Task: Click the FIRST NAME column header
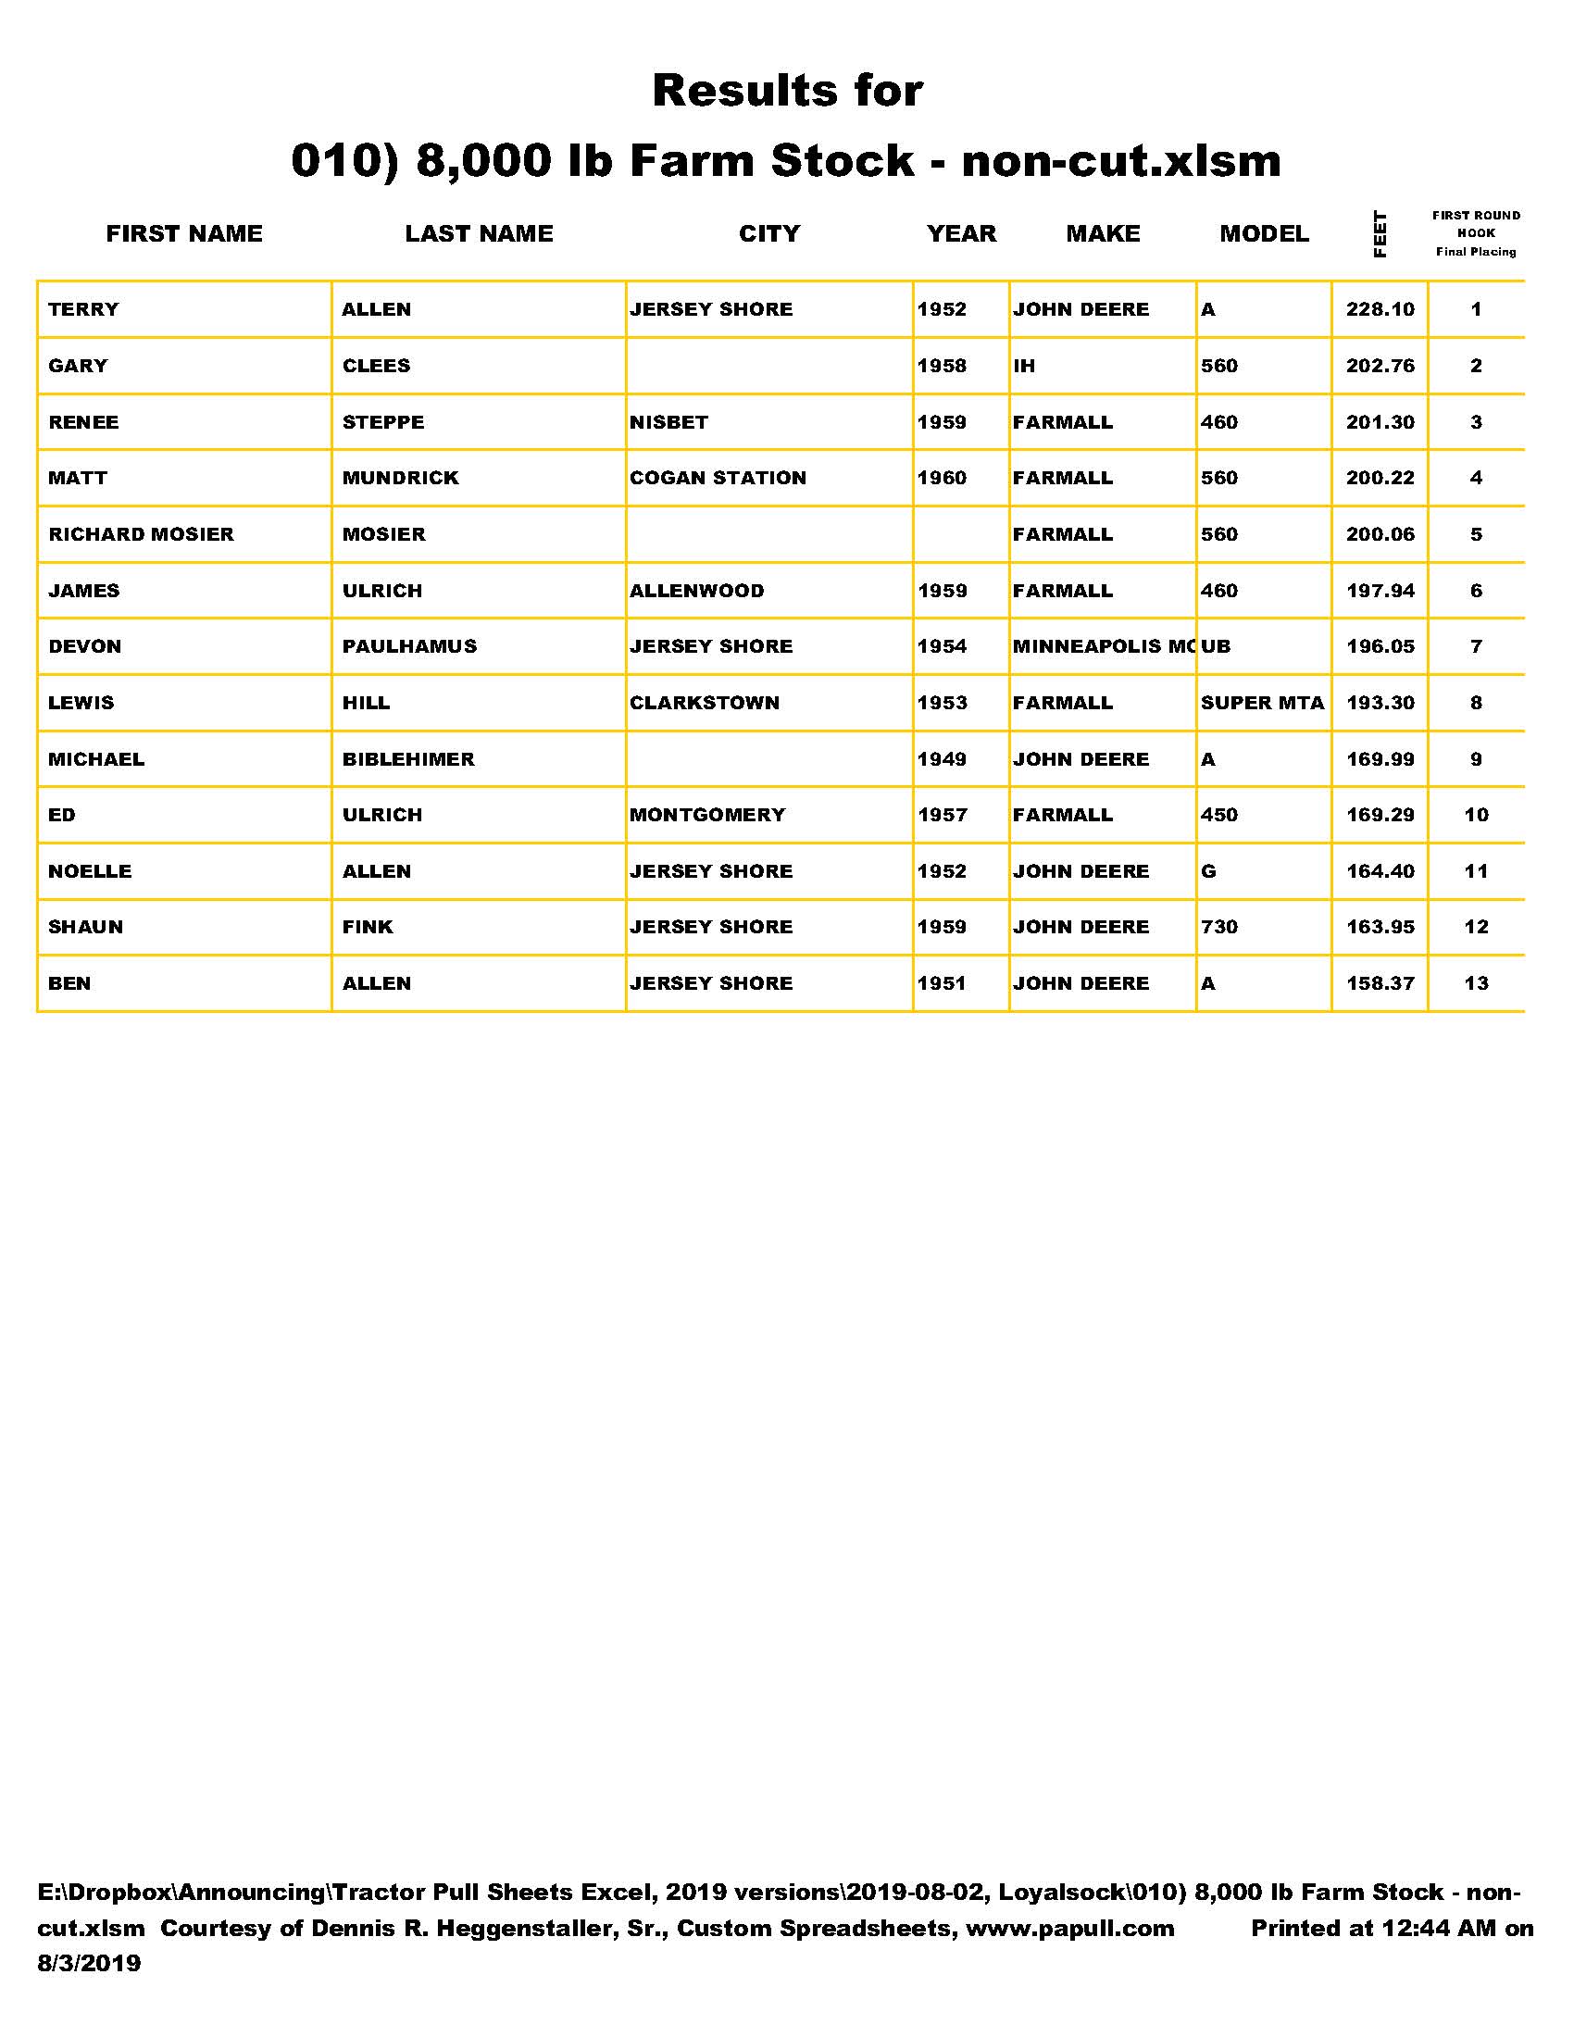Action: (183, 233)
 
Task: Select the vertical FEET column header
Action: (1380, 234)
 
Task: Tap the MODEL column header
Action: (1264, 233)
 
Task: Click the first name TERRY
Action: (84, 309)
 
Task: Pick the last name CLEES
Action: (376, 366)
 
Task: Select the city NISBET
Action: (668, 422)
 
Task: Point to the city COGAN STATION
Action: (717, 479)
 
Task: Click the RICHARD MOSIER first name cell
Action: (141, 534)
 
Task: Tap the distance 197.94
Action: (1380, 591)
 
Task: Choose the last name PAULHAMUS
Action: (409, 646)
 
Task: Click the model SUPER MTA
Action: (1263, 704)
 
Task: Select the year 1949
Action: (942, 759)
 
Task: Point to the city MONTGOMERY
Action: (706, 815)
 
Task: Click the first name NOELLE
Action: (90, 871)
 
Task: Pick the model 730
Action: (1218, 927)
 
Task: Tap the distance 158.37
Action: (1380, 983)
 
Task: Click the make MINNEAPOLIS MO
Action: (1102, 646)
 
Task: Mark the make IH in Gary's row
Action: (1024, 366)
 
